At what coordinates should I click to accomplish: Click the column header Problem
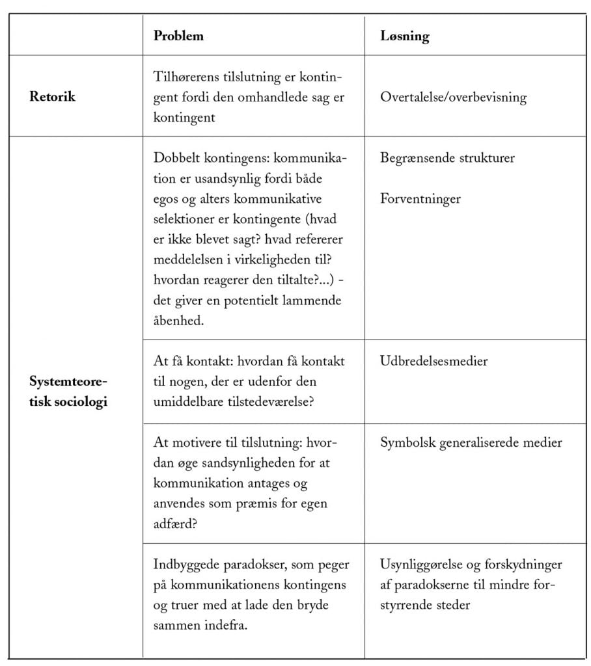click(x=178, y=36)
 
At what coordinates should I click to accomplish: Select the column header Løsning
click(x=404, y=36)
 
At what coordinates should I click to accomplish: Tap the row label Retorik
click(x=53, y=98)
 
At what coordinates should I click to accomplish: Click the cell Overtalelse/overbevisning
click(x=453, y=98)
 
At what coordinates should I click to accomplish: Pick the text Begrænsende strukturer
click(x=447, y=158)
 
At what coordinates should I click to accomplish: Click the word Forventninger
click(x=420, y=198)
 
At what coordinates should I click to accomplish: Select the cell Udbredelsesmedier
click(x=433, y=361)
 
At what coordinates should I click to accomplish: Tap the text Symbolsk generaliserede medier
click(x=471, y=442)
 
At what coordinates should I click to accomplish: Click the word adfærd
click(x=174, y=523)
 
